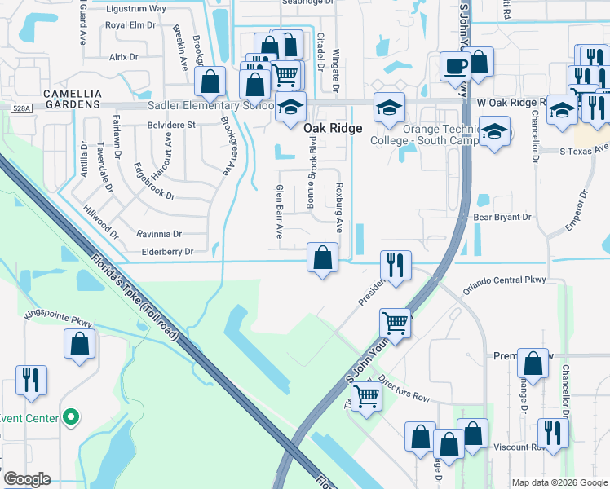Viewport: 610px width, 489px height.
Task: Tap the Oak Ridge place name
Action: click(x=332, y=128)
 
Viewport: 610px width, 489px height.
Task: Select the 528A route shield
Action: click(x=21, y=108)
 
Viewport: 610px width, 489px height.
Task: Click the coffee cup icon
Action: click(x=454, y=65)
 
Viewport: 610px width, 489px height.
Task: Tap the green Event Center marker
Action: click(x=71, y=418)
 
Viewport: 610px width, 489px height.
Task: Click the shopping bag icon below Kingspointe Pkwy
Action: click(x=79, y=344)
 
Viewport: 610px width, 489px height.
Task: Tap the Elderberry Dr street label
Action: click(x=166, y=252)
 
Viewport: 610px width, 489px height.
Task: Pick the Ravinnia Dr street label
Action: click(x=160, y=233)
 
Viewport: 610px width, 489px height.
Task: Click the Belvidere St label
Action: click(x=170, y=125)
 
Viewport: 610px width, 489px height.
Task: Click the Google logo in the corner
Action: click(x=26, y=479)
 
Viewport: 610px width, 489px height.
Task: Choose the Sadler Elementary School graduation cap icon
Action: click(x=290, y=108)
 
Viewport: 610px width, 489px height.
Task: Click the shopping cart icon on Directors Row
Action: click(x=366, y=398)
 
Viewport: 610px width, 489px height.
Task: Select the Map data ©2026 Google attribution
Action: click(x=559, y=482)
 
